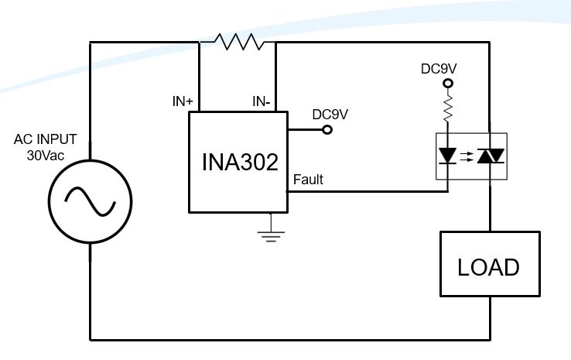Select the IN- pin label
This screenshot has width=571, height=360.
tap(263, 101)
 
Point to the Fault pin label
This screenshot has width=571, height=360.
tap(308, 180)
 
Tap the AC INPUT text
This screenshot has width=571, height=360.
tap(46, 139)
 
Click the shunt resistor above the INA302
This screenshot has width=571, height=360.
tap(238, 41)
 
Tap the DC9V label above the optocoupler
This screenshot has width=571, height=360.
tap(438, 68)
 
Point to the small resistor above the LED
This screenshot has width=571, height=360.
tap(446, 108)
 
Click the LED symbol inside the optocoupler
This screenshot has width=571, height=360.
tap(447, 156)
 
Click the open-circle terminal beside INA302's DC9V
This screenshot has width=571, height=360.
tap(327, 129)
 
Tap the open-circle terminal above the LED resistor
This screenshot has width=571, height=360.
tap(446, 83)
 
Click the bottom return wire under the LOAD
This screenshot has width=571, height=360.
tap(294, 339)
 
